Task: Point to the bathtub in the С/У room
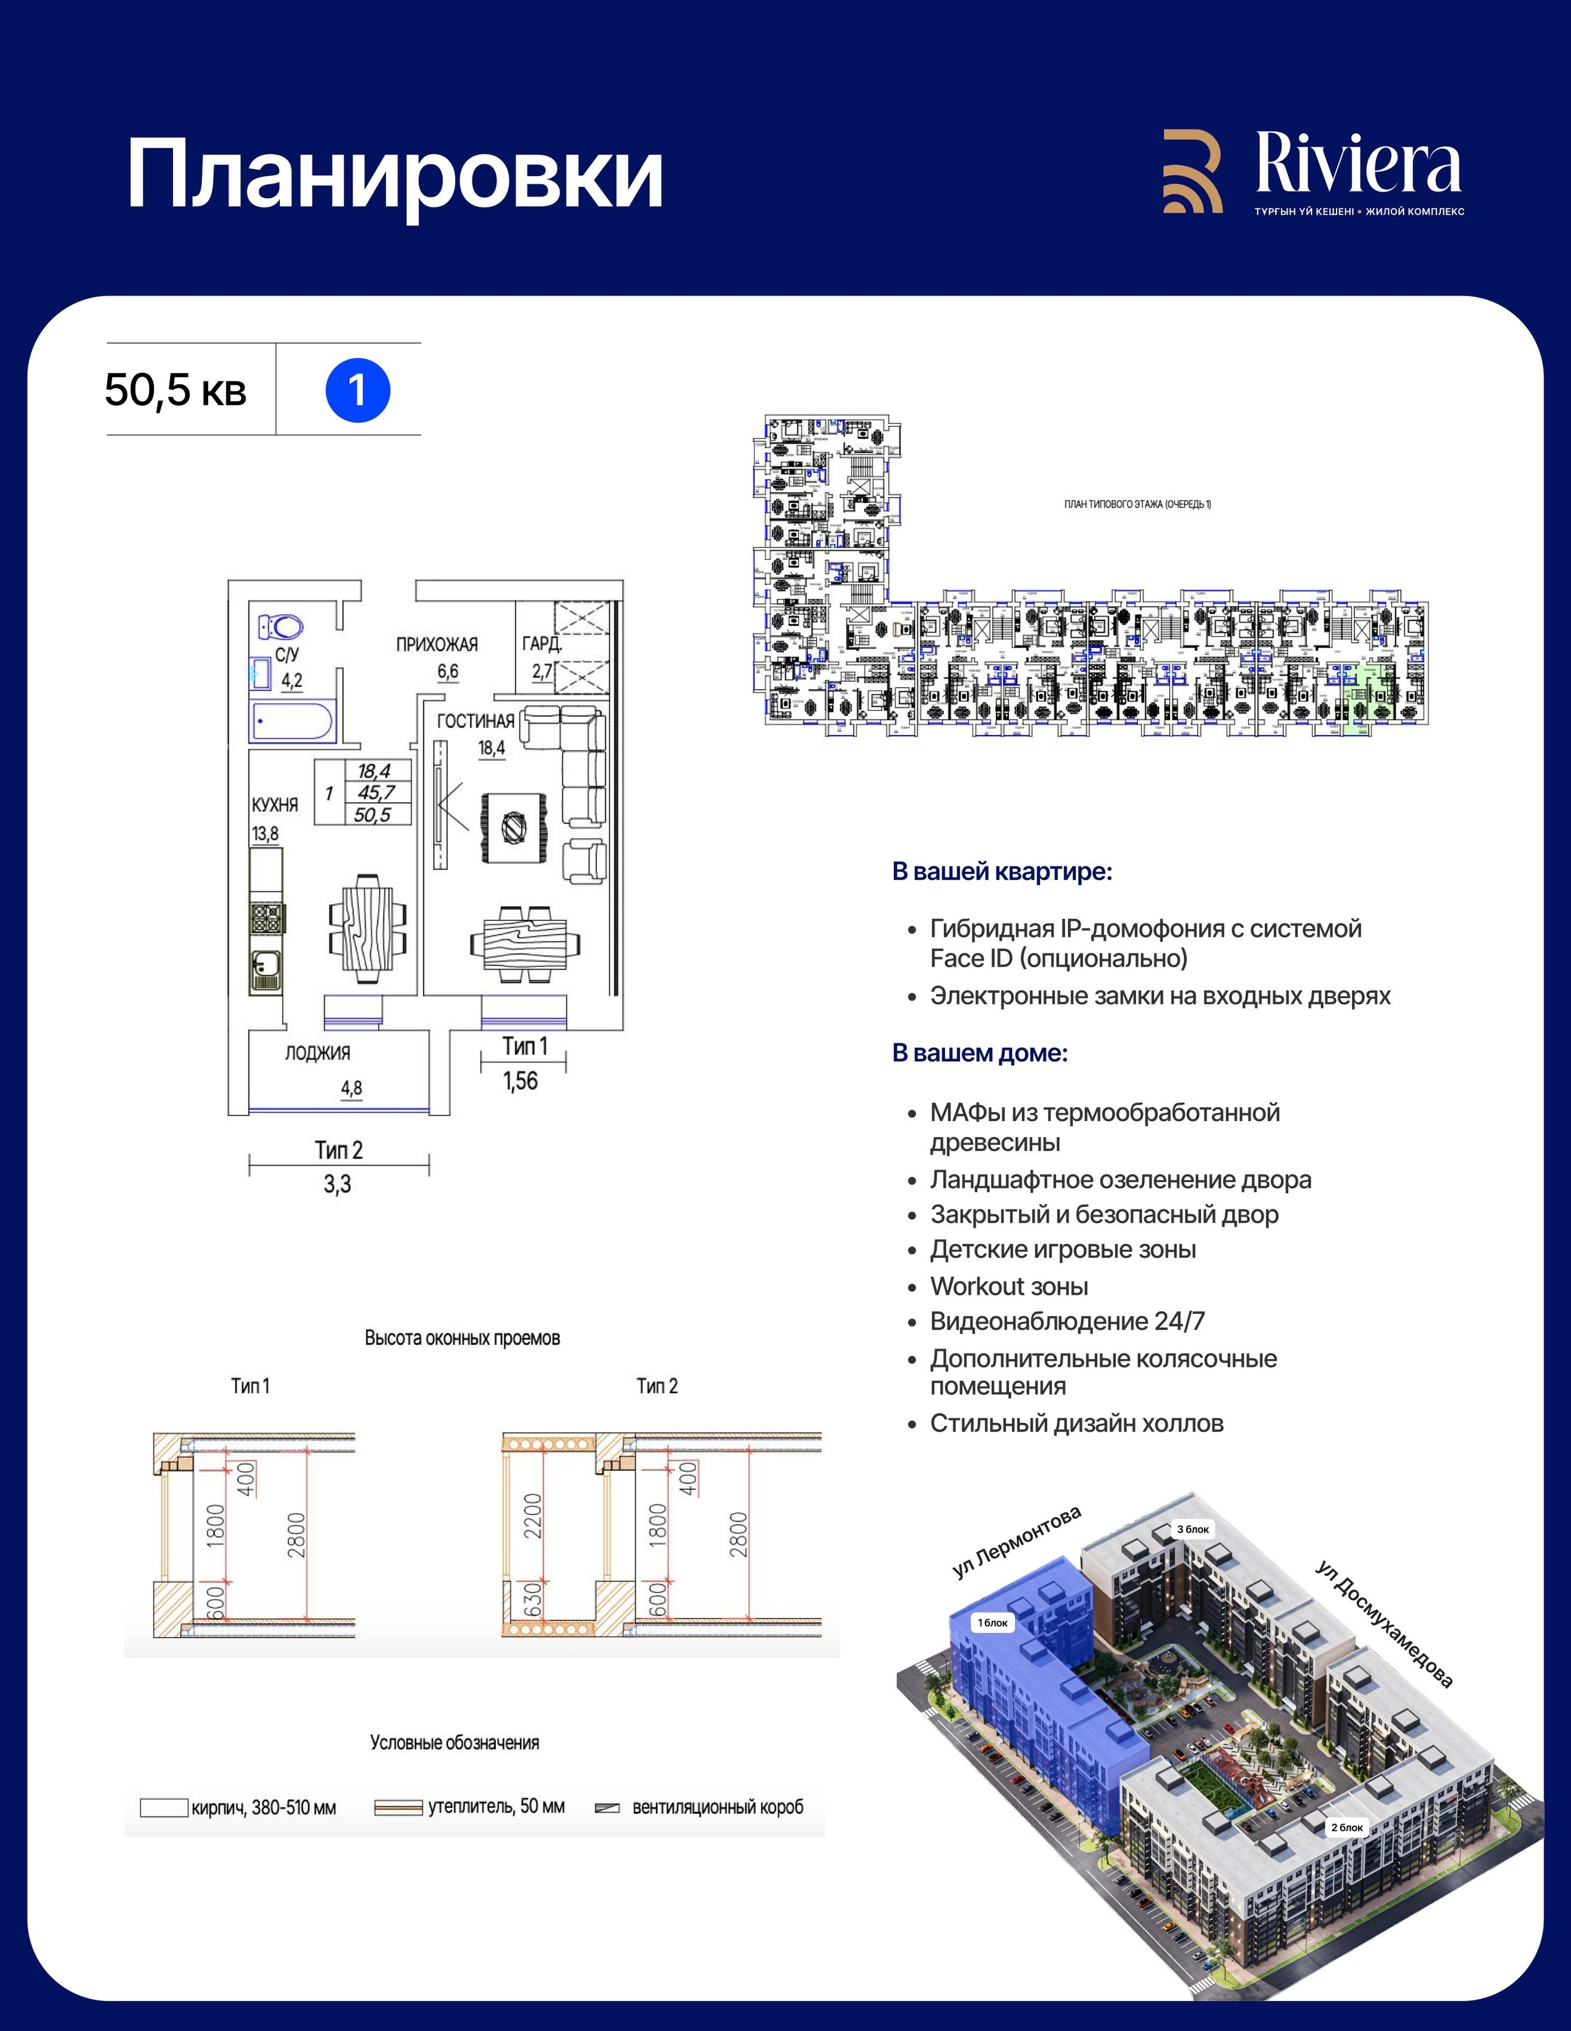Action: point(293,722)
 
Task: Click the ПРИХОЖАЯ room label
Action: point(436,644)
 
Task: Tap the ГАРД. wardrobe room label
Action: point(541,644)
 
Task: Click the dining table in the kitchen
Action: point(368,927)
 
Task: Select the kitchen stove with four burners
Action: point(266,918)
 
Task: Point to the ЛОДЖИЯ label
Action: point(317,1053)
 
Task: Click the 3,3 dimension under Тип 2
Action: point(338,1185)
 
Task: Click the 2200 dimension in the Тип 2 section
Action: point(533,1515)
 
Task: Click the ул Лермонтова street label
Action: point(1017,1540)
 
